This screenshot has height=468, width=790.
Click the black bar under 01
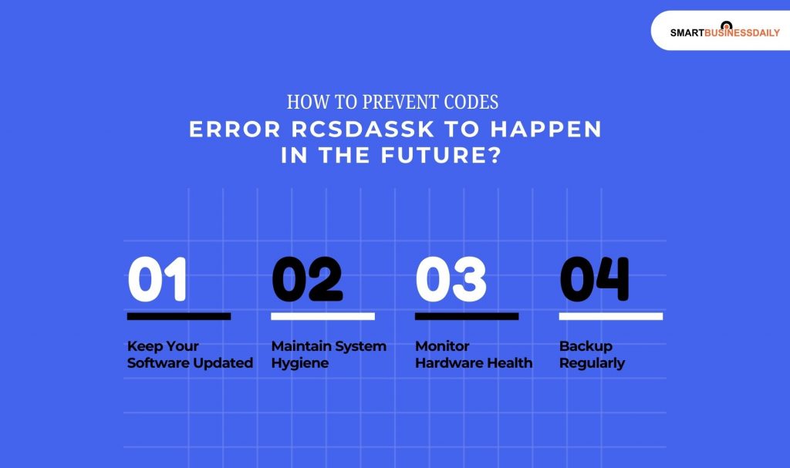(x=179, y=316)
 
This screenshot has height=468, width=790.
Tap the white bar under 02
(x=322, y=316)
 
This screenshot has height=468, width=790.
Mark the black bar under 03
(x=467, y=316)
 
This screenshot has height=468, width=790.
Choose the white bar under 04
(x=610, y=316)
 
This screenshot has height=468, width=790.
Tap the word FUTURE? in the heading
(x=455, y=155)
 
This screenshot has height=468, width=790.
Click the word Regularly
(x=592, y=363)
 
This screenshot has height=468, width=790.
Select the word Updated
(x=222, y=363)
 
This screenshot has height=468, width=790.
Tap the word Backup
(x=586, y=346)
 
